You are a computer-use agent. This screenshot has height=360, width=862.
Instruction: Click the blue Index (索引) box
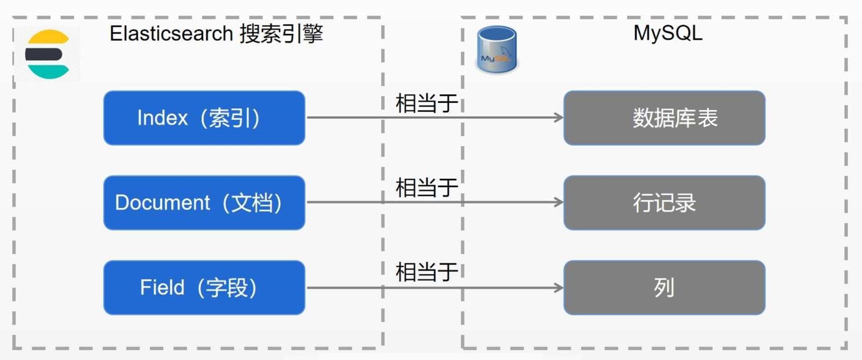click(x=204, y=118)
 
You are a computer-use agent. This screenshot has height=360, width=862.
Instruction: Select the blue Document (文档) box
click(x=204, y=203)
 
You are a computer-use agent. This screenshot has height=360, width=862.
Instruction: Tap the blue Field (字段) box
click(x=204, y=287)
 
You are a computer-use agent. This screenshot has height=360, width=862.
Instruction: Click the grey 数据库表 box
click(x=664, y=118)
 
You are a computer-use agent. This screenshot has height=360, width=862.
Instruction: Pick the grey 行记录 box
click(x=664, y=203)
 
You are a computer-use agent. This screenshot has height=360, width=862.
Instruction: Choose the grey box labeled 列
click(x=664, y=287)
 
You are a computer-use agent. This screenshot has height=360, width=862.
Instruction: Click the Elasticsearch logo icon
click(x=47, y=54)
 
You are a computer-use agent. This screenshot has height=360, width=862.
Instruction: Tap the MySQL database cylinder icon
click(x=497, y=50)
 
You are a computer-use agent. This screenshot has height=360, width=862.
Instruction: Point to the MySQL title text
click(x=668, y=33)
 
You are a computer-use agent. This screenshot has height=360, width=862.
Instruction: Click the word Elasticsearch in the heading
click(x=171, y=33)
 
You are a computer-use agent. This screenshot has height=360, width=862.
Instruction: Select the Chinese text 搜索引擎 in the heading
click(x=282, y=34)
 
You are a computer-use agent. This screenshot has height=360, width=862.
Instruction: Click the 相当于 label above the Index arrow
click(x=427, y=103)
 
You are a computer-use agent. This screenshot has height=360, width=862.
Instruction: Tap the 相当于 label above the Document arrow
click(x=427, y=188)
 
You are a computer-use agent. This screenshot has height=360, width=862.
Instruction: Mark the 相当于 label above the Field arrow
click(x=427, y=272)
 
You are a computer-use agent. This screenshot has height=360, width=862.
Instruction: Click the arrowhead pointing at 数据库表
click(x=559, y=118)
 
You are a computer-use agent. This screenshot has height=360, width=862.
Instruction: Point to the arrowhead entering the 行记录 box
click(x=559, y=202)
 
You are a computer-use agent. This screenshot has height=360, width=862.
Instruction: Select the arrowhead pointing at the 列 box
click(x=559, y=288)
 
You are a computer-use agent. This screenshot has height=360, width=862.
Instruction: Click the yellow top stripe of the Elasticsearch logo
click(x=48, y=37)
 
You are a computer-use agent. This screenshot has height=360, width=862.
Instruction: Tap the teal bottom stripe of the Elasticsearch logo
click(x=48, y=72)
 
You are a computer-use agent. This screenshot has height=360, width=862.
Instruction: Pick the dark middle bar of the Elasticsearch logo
click(x=43, y=54)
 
